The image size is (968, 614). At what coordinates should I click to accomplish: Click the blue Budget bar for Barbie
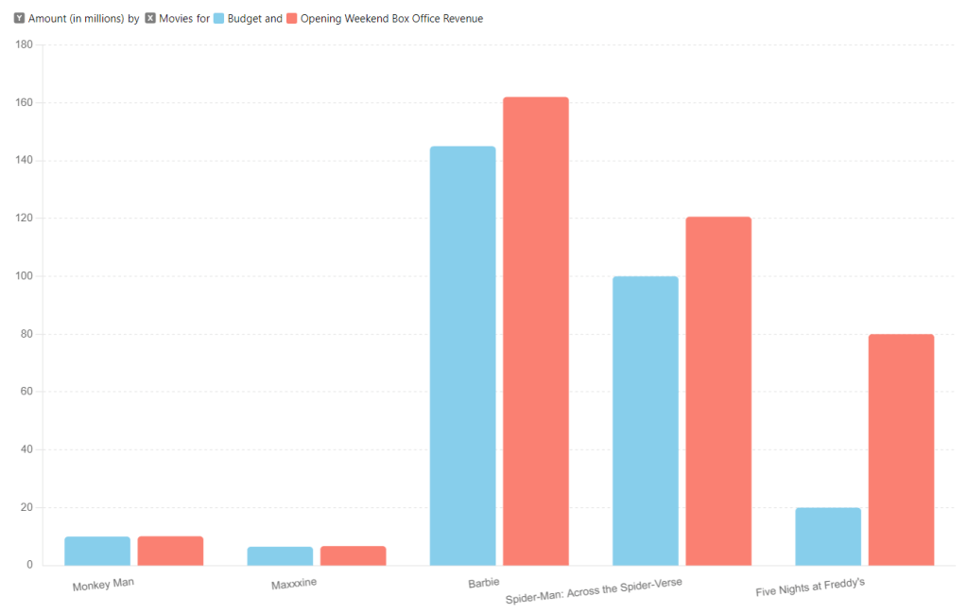[462, 356]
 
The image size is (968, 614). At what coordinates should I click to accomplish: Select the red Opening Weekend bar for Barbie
[535, 331]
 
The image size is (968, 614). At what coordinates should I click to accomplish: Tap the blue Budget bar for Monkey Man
[97, 551]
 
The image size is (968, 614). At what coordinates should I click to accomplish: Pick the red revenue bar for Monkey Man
[170, 551]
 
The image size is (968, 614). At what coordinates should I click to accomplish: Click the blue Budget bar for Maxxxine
[280, 556]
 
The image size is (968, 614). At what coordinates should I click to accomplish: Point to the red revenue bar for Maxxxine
[353, 556]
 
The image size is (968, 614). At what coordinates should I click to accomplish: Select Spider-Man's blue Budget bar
[646, 421]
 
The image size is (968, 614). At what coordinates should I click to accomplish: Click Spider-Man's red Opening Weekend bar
[718, 391]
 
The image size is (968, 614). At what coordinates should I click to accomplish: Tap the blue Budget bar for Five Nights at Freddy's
[828, 536]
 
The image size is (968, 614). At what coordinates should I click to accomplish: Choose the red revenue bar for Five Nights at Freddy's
[901, 449]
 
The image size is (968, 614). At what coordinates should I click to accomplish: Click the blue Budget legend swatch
[219, 19]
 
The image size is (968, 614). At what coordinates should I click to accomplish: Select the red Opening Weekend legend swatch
[292, 19]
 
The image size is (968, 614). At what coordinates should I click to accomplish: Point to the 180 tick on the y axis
[25, 44]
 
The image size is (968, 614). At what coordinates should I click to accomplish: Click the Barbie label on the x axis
[484, 583]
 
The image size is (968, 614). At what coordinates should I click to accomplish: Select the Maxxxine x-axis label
[294, 584]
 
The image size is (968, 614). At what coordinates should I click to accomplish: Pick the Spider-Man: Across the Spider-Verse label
[594, 591]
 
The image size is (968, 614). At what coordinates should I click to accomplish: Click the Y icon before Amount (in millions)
[20, 19]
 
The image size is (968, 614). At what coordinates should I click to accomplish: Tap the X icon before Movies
[150, 19]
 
